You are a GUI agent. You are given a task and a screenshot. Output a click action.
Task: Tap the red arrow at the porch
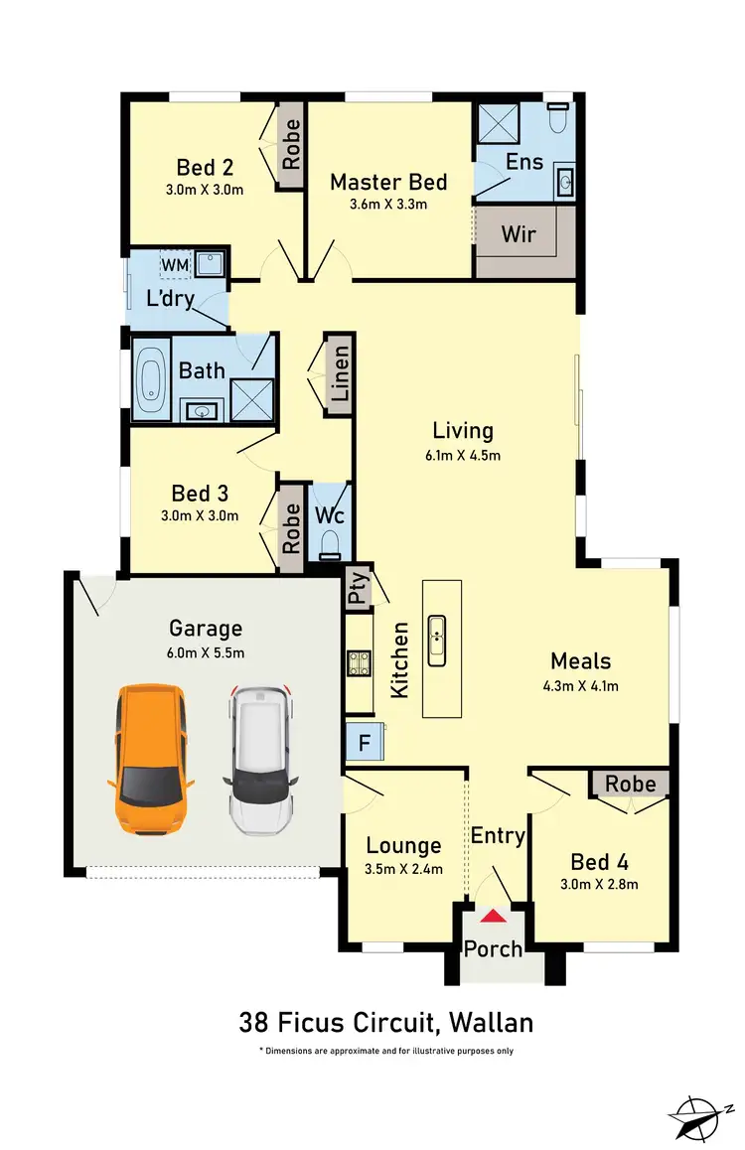pos(494,917)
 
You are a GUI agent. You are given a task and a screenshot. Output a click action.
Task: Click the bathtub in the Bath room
pos(151,379)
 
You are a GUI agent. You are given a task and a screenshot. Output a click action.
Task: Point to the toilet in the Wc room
pos(330,542)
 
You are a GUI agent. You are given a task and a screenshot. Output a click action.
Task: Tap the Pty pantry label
pos(357,592)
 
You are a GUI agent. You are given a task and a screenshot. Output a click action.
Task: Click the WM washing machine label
pos(175,265)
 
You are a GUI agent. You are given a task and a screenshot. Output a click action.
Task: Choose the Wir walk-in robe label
pos(518,234)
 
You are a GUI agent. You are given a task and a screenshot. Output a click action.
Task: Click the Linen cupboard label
pos(340,373)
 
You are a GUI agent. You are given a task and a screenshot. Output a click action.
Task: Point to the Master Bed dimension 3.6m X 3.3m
pos(388,206)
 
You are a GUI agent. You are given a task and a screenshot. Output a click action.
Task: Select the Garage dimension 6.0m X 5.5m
pos(206,652)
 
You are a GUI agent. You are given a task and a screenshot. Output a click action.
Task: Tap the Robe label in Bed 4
pos(631,784)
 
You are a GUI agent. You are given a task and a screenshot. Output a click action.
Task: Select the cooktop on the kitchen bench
pos(358,662)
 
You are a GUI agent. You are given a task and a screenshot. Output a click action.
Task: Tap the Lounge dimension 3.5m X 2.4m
pos(403,869)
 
